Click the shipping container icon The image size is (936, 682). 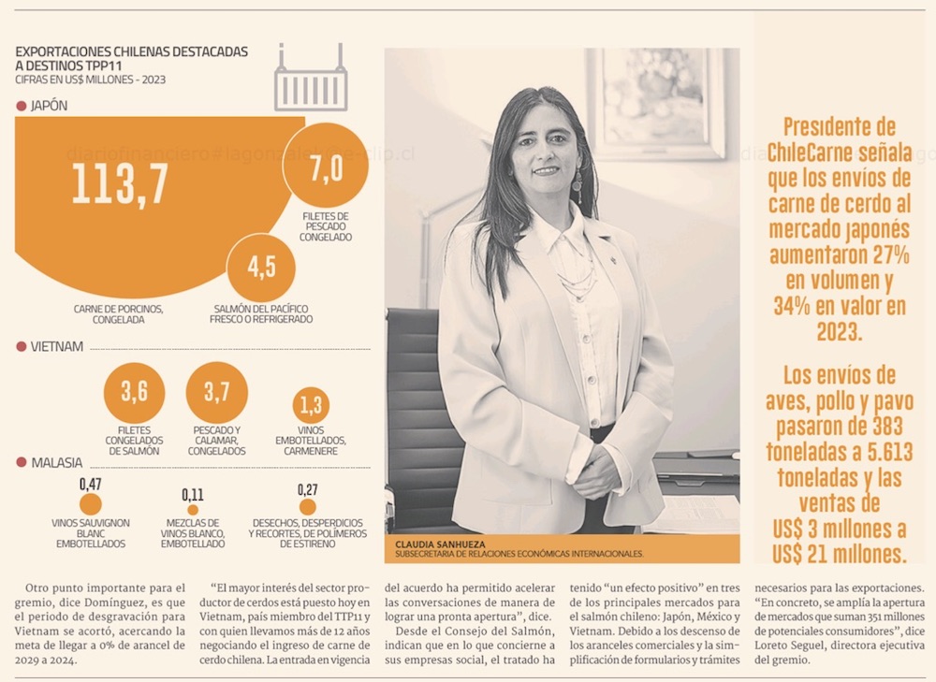pos(311,80)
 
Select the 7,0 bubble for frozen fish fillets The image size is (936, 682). pos(325,167)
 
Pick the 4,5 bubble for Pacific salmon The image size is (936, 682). pos(261,267)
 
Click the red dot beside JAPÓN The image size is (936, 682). pos(22,107)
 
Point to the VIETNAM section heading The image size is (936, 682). pos(57,346)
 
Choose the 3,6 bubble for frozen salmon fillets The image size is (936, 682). pos(134,392)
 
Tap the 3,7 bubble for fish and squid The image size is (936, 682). pos(217,392)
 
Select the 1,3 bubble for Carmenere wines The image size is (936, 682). pos(311,405)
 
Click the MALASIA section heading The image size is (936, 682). pos(56,462)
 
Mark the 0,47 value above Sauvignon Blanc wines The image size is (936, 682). pos(91,484)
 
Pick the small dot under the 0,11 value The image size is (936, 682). pos(193,510)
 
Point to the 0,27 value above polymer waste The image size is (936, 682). pos(307,488)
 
